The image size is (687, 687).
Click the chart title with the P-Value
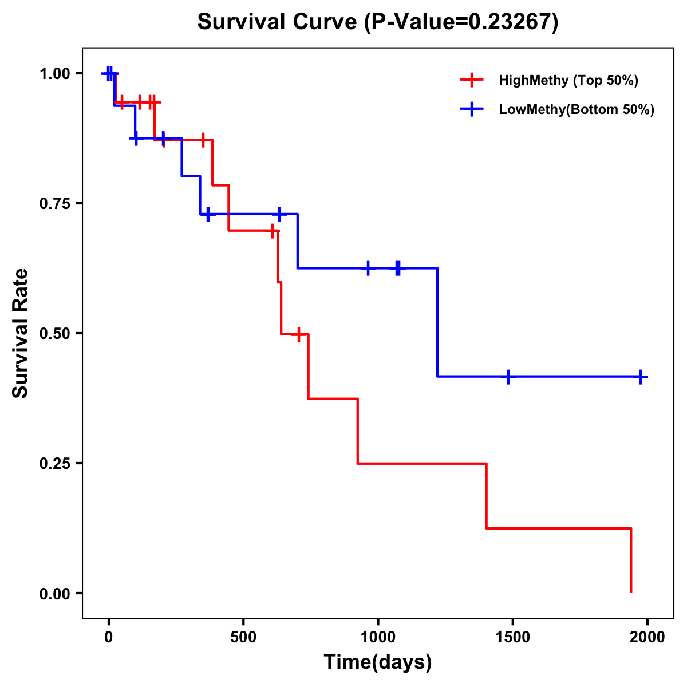pyautogui.click(x=378, y=22)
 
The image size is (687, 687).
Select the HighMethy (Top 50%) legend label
pyautogui.click(x=568, y=80)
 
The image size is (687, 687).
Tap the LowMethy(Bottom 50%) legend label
pyautogui.click(x=577, y=109)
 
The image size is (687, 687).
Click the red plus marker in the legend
pyautogui.click(x=471, y=80)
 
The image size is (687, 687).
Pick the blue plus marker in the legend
pyautogui.click(x=471, y=109)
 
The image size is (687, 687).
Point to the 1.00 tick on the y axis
pyautogui.click(x=54, y=74)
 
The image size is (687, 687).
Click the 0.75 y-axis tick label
pyautogui.click(x=54, y=204)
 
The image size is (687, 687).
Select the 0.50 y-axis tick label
pyautogui.click(x=54, y=334)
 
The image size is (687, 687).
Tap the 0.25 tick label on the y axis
pyautogui.click(x=54, y=464)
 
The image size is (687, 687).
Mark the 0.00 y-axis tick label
pyautogui.click(x=54, y=594)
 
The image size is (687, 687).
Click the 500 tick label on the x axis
pyautogui.click(x=243, y=637)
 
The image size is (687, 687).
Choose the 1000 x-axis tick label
pyautogui.click(x=378, y=637)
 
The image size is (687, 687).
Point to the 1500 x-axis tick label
pyautogui.click(x=512, y=637)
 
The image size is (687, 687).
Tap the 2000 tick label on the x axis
pyautogui.click(x=647, y=637)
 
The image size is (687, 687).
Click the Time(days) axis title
pyautogui.click(x=378, y=662)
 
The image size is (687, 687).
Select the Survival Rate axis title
pyautogui.click(x=21, y=333)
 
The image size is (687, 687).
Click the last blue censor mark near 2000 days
pyautogui.click(x=641, y=377)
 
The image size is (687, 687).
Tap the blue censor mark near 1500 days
pyautogui.click(x=508, y=377)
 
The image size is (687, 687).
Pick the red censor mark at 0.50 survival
pyautogui.click(x=298, y=334)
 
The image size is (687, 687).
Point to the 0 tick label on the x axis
pyautogui.click(x=108, y=637)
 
